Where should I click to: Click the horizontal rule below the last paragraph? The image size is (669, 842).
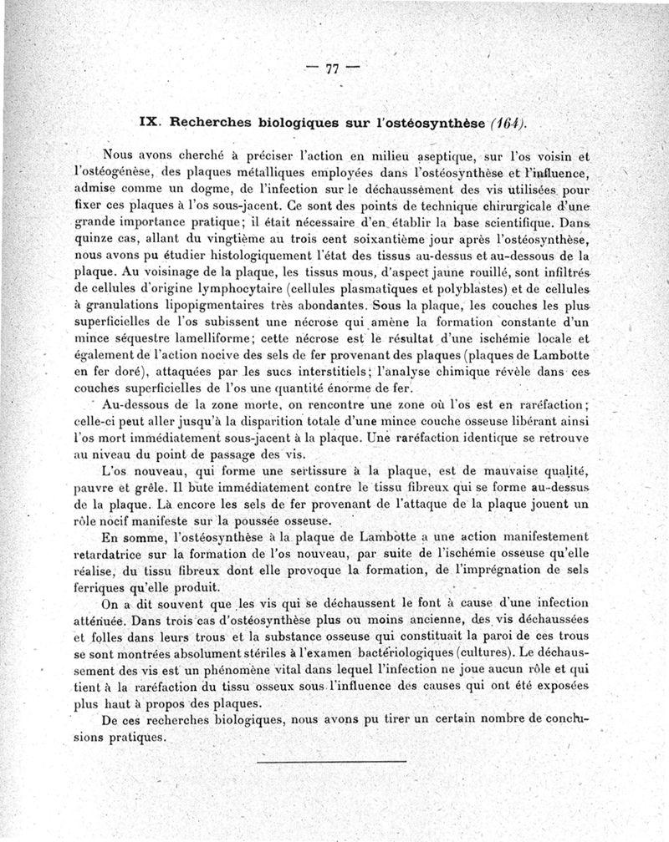pos(332,761)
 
